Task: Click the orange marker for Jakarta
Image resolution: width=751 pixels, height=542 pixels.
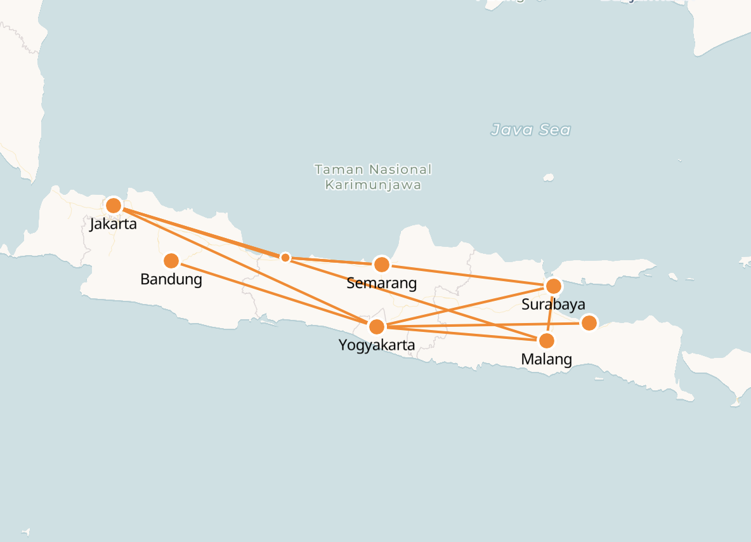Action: (x=114, y=206)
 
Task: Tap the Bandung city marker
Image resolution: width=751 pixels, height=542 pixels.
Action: (x=171, y=261)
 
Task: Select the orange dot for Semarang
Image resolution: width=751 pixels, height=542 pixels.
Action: (x=381, y=264)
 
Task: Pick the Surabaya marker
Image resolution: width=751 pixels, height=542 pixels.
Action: (x=553, y=286)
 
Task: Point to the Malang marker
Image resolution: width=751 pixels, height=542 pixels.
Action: (x=546, y=341)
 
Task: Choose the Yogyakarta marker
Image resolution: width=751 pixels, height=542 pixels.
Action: (x=377, y=327)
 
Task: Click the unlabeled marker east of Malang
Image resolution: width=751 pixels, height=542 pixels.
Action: (x=589, y=323)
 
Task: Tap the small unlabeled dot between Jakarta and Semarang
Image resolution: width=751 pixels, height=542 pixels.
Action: (x=285, y=257)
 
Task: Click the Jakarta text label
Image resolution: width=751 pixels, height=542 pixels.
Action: (x=114, y=224)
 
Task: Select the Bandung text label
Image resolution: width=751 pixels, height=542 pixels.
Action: (x=171, y=279)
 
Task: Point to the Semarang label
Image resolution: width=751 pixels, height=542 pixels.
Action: (x=381, y=283)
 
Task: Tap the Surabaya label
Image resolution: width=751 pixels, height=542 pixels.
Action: (x=553, y=305)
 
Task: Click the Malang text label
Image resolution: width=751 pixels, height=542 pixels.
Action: (x=546, y=360)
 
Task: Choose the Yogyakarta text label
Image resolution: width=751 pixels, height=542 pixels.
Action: (x=377, y=346)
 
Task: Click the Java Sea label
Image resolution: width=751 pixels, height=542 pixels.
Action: (x=531, y=131)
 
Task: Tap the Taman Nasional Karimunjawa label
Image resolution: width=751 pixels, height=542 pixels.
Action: (x=373, y=177)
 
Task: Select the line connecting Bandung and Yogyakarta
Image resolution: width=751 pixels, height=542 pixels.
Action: (x=273, y=294)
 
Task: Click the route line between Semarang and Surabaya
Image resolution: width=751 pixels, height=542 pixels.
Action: (x=467, y=275)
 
